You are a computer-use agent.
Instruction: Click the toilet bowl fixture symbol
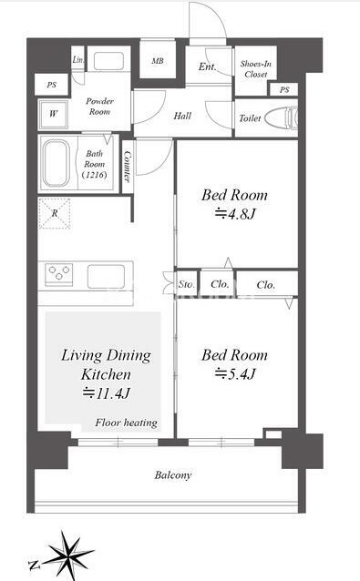coord(282,117)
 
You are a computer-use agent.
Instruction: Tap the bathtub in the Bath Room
coord(57,163)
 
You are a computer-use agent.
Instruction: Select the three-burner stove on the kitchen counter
coord(58,274)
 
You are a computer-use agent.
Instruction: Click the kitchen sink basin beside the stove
coord(106,276)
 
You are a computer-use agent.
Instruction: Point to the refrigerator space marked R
coord(55,213)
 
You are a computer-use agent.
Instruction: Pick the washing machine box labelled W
coord(54,114)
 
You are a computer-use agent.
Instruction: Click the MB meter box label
coord(158,60)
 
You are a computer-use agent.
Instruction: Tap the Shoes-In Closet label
coord(256,69)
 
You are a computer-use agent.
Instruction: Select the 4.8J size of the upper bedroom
coord(235,214)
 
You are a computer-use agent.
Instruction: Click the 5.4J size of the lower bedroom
coord(235,374)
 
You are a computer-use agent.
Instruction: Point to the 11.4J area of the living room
coord(106,393)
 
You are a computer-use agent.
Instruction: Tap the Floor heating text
coord(126,423)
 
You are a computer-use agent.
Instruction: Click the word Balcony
coord(173,475)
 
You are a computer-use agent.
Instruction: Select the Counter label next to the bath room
coord(128,167)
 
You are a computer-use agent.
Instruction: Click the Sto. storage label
coord(186,284)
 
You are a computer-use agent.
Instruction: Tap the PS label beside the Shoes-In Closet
coord(284,89)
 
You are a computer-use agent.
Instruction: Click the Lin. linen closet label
coord(78,59)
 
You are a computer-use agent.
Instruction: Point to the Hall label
coord(182,116)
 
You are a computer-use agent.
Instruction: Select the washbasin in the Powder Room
coord(108,61)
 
